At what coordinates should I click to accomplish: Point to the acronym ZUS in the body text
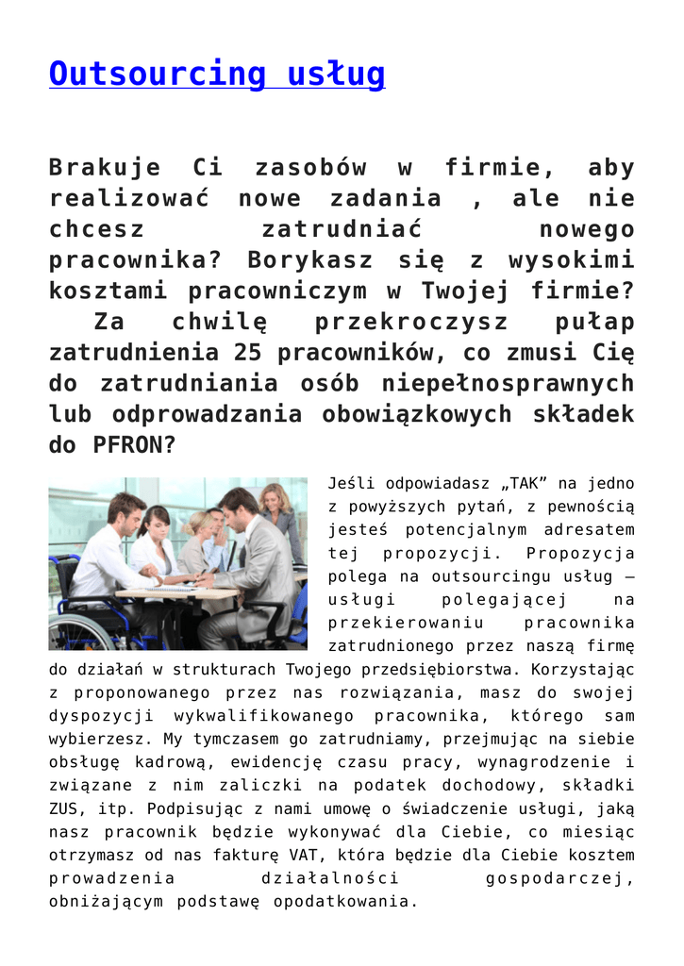[x=66, y=808]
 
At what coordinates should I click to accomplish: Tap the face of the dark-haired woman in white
[x=156, y=522]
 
